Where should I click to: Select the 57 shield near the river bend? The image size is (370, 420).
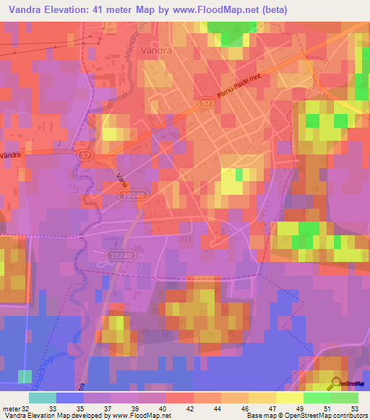click(x=85, y=155)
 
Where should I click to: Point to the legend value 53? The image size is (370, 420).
click(x=354, y=408)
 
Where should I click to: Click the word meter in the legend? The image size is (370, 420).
click(x=14, y=408)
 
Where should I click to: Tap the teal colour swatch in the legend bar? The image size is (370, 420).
click(x=42, y=398)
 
